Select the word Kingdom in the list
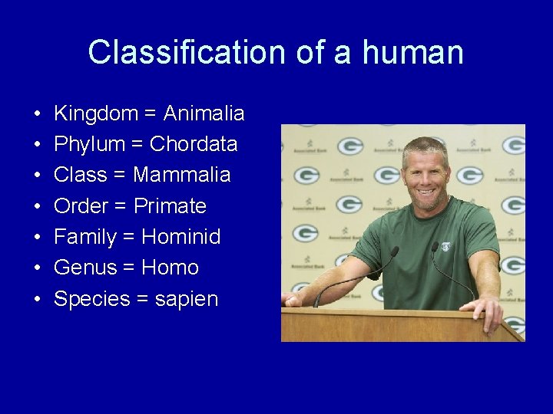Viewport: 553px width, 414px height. tap(96, 114)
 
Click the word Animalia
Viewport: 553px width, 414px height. tap(204, 114)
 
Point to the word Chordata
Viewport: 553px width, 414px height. tap(194, 144)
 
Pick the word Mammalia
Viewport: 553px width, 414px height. tap(181, 175)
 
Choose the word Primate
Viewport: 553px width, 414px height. tap(170, 206)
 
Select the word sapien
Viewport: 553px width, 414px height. tap(187, 299)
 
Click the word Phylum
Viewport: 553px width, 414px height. tap(89, 144)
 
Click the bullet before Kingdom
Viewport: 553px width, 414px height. tap(37, 114)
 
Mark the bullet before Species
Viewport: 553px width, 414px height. tap(37, 299)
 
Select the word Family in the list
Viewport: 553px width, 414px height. tap(84, 237)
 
